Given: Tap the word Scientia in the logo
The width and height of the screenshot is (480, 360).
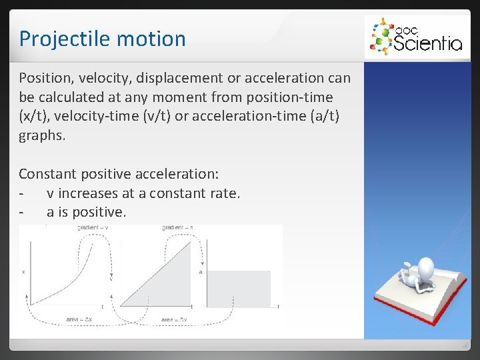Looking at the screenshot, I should [x=427, y=43].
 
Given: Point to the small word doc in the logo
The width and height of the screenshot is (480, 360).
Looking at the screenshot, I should [x=404, y=31].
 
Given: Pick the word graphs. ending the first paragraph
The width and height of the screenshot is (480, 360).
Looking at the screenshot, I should [x=43, y=136].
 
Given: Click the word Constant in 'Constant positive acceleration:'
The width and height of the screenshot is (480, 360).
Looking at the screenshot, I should [x=47, y=174].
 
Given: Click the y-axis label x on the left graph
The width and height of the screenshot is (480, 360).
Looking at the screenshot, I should [x=24, y=272].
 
